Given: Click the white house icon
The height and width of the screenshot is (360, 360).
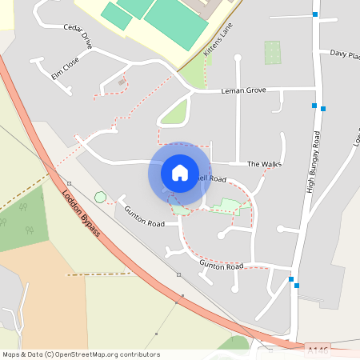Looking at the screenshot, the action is coord(180,172).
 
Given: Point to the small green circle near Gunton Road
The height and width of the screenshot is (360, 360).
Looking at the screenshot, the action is coord(100,197).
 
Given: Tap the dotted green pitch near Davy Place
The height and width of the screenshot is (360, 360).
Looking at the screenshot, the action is coord(273,53).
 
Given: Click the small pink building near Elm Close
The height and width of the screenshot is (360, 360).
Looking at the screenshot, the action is coord(122,81).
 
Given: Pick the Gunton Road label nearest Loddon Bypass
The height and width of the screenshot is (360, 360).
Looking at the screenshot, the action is coord(144,215).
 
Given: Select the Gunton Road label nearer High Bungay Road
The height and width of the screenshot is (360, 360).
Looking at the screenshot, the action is coord(221,264).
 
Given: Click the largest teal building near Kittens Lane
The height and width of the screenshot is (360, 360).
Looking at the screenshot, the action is coord(174,22).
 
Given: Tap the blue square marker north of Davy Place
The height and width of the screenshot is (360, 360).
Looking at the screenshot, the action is coord(315,14).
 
